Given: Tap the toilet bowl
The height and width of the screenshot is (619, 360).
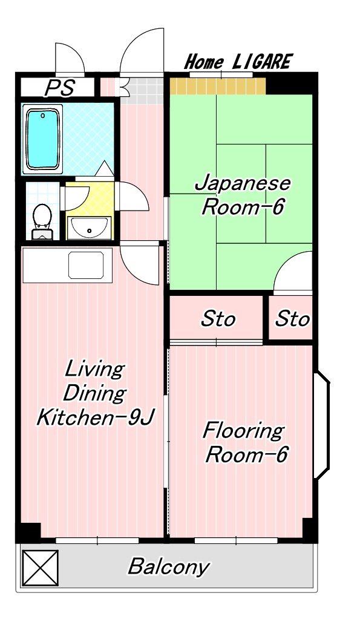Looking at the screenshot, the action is point(42,221).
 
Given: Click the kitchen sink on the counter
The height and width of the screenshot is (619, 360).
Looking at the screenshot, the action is point(86,265).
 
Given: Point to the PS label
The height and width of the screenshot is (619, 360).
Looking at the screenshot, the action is point(59,88).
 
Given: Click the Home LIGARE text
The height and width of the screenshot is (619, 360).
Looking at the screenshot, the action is point(238,62).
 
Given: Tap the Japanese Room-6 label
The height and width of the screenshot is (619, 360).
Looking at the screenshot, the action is point(243,195).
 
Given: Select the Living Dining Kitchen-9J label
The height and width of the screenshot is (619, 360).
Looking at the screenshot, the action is point(95,393).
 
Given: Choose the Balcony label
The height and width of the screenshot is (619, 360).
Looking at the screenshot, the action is point(169,567).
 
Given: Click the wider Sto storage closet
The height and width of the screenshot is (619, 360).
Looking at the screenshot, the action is point(217,318).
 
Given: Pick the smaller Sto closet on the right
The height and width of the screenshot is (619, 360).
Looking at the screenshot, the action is point(290,318).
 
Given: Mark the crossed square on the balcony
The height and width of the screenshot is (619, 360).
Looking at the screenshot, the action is point(40,568).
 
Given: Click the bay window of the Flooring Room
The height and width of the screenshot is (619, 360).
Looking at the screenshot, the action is point(322,425).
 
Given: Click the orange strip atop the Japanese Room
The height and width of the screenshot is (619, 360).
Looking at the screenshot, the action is point(218,86).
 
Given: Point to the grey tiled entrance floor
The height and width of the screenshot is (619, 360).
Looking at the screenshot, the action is point(142,90).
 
